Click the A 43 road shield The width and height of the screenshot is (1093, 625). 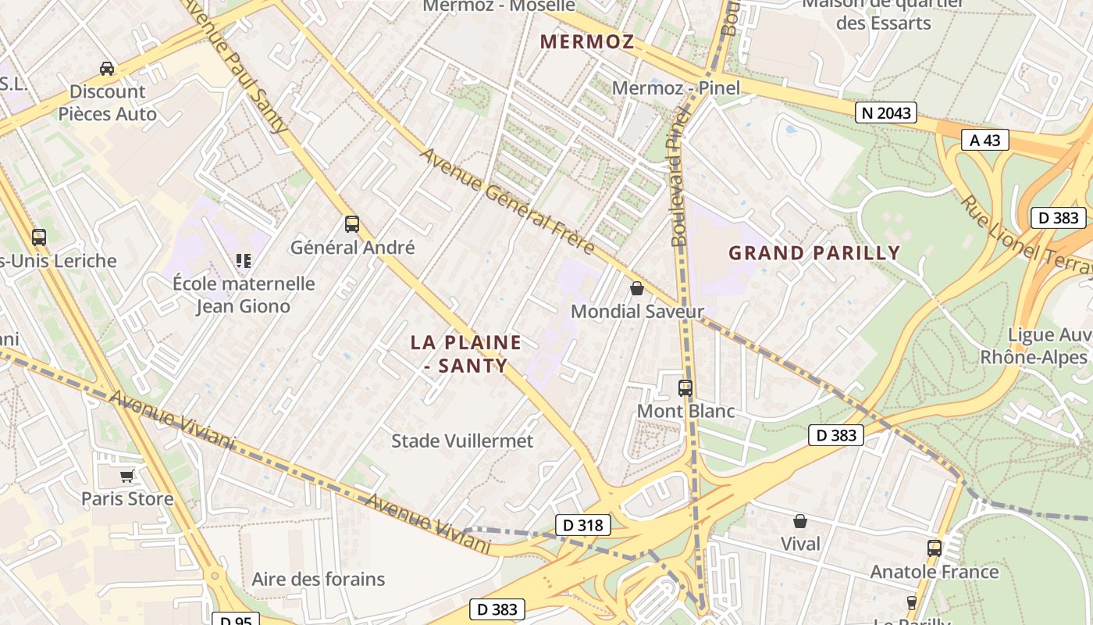[984, 140]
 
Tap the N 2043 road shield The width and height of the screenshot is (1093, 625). [885, 112]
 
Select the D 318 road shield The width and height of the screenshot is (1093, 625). [582, 525]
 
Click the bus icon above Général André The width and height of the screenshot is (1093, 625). [352, 224]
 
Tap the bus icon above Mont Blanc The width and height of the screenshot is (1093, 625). [685, 387]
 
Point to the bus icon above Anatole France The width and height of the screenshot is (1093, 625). [935, 548]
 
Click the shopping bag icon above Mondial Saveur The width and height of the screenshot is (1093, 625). [637, 288]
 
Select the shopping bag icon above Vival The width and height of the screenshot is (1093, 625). [800, 521]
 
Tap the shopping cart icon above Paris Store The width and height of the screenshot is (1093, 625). [127, 476]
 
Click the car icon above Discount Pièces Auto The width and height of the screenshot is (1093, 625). [107, 69]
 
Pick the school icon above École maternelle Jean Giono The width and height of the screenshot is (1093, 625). [244, 260]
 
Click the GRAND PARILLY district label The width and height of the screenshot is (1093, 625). [814, 253]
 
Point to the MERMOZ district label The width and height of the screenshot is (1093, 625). [587, 42]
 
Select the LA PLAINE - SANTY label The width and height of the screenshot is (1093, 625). [466, 353]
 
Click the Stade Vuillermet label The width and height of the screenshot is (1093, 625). [462, 441]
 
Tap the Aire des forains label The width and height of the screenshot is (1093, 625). [319, 579]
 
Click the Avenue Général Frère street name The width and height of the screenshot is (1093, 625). [507, 201]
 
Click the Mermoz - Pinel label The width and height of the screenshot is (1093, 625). [675, 87]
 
